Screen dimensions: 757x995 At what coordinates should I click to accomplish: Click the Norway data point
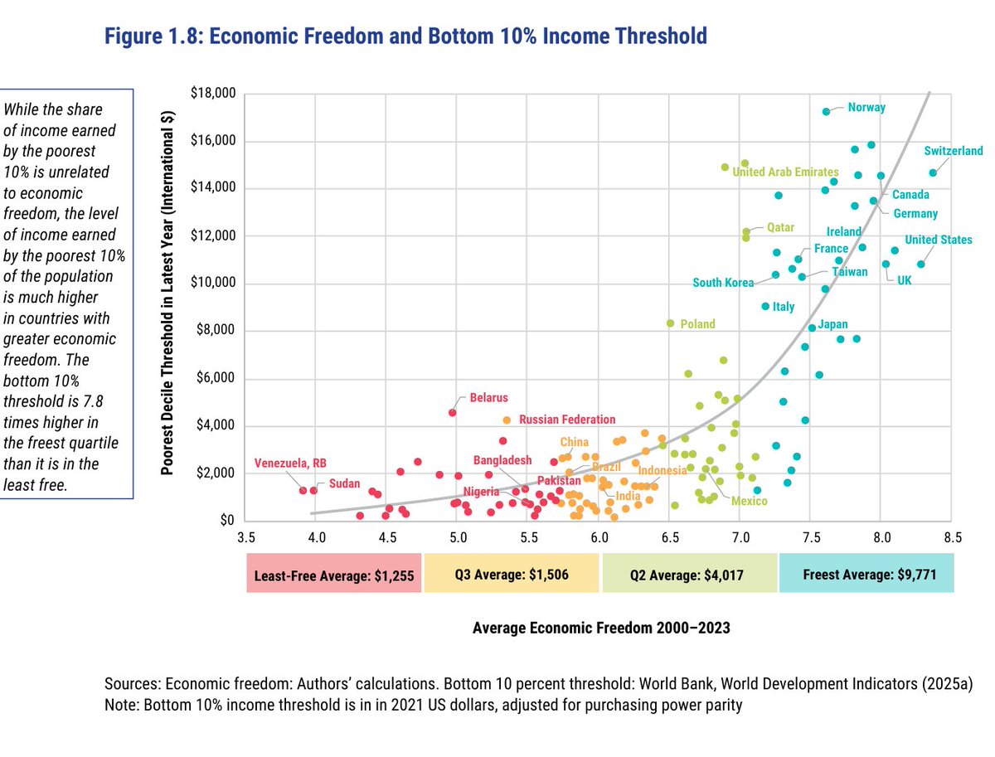(x=826, y=111)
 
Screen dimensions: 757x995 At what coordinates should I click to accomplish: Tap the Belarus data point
(x=453, y=412)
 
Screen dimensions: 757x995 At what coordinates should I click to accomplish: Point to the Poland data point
(x=670, y=323)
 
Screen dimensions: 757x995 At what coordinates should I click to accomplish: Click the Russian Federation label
(x=567, y=420)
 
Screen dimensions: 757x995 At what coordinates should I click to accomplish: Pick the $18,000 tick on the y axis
(x=213, y=94)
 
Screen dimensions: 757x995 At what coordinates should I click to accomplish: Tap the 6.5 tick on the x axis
(x=670, y=537)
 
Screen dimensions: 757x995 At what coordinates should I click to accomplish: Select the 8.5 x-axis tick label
(x=952, y=537)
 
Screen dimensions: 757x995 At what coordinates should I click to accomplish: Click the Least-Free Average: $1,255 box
(x=334, y=575)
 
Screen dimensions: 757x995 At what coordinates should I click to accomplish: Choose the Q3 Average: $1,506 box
(x=511, y=575)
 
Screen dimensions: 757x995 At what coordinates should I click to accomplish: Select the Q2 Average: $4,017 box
(x=689, y=575)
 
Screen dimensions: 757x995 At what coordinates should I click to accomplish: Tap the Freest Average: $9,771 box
(x=866, y=575)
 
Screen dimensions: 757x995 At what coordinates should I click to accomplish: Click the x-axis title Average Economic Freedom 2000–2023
(x=601, y=628)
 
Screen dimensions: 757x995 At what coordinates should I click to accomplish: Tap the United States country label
(x=938, y=240)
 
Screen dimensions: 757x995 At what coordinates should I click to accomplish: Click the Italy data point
(x=765, y=306)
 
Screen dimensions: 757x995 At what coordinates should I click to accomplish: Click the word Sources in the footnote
(x=132, y=684)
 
